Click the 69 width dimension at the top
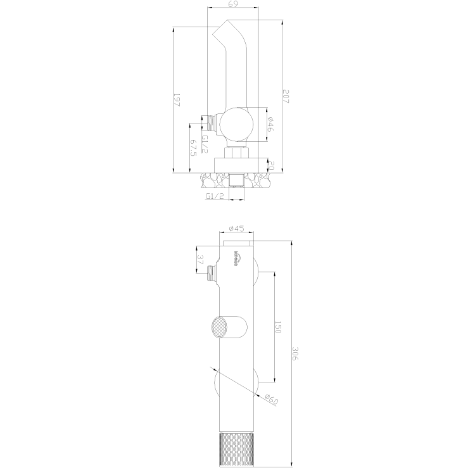click(x=232, y=5)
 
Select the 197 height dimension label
click(x=177, y=100)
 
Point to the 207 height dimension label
click(x=286, y=97)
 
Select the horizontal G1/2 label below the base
click(x=215, y=196)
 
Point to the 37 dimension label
click(x=201, y=260)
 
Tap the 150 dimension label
click(x=277, y=327)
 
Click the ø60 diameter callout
click(x=270, y=400)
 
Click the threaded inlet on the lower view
click(x=212, y=274)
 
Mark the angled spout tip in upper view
click(x=224, y=28)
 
